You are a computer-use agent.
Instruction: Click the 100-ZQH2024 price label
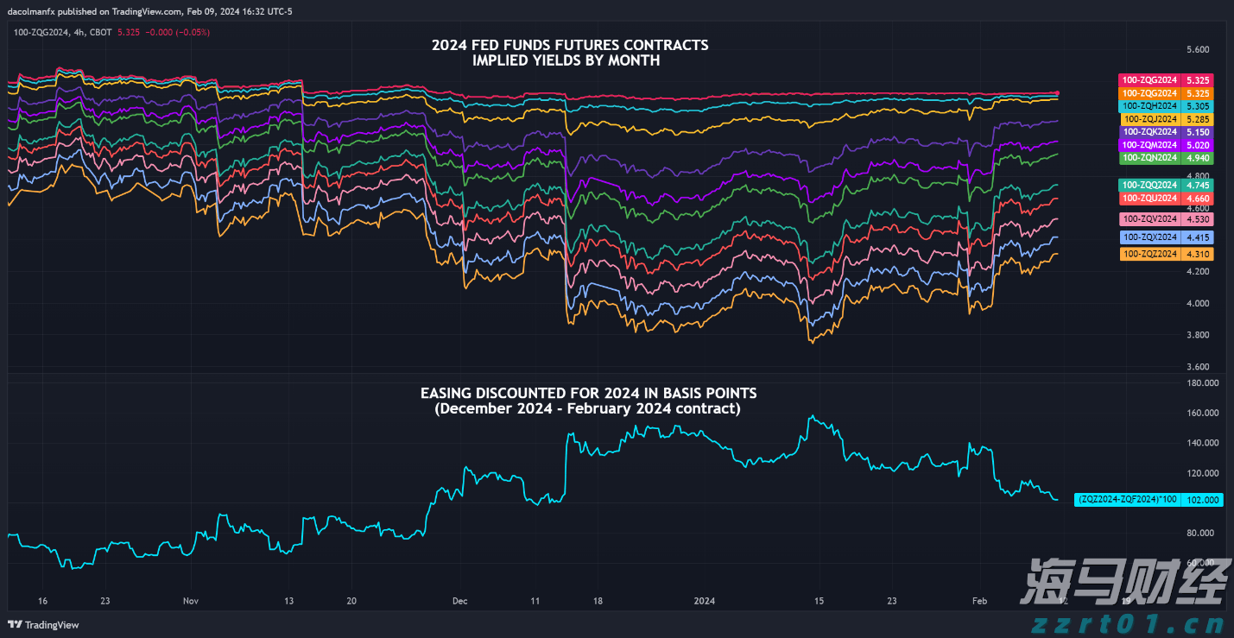click(1166, 105)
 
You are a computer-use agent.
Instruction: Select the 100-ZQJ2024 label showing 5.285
click(1166, 118)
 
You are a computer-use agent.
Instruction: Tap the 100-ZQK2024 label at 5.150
click(1166, 132)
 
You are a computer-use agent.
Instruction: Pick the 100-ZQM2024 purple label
click(1166, 145)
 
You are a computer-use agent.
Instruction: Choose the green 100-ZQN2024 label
click(1166, 158)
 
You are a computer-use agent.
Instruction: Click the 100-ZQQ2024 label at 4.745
click(1166, 185)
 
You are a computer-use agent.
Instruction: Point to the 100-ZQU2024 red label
click(1166, 198)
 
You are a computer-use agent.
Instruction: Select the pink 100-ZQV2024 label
click(1166, 219)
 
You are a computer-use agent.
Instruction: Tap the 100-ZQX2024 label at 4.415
click(1166, 237)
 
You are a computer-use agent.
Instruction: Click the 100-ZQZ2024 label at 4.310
click(1166, 254)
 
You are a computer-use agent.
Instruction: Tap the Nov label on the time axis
click(191, 601)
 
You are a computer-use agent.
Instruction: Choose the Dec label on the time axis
click(459, 601)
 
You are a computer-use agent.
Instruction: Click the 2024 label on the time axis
click(705, 601)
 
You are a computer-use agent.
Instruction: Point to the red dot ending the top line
click(1058, 93)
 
